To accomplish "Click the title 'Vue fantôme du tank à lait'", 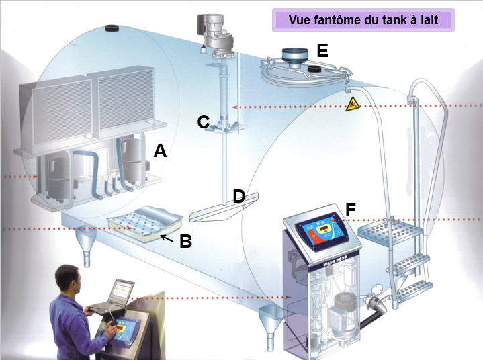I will pyautogui.click(x=363, y=19).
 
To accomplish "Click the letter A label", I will pyautogui.click(x=160, y=150).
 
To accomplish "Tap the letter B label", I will pyautogui.click(x=186, y=241).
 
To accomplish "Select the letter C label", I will pyautogui.click(x=204, y=122).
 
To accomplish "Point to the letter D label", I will pyautogui.click(x=238, y=196).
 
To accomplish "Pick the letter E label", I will pyautogui.click(x=322, y=51).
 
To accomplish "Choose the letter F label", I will pyautogui.click(x=350, y=210).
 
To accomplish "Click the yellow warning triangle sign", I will pyautogui.click(x=351, y=104).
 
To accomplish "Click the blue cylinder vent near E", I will pyautogui.click(x=293, y=56).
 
